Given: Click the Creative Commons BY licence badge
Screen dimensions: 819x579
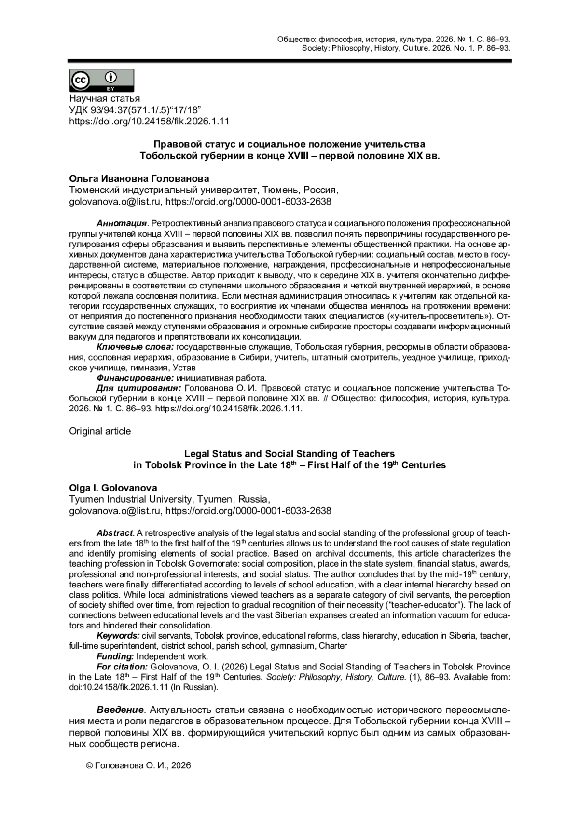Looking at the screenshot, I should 102,81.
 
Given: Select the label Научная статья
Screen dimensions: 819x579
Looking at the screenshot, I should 105,99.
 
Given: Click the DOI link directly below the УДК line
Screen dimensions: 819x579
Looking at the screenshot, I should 149,122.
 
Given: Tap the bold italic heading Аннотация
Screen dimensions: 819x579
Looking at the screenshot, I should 121,224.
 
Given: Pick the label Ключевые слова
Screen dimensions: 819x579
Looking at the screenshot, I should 135,347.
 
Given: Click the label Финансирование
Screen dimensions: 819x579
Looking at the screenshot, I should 135,378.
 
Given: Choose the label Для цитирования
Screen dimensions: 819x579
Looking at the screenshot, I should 139,389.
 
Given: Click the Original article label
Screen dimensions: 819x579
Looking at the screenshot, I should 100,431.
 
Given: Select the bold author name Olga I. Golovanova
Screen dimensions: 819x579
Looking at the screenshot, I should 113,488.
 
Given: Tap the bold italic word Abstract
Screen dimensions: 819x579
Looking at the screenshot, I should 114,533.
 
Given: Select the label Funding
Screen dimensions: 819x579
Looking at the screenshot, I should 115,656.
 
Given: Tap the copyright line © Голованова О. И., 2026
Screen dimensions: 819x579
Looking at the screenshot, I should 138,765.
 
